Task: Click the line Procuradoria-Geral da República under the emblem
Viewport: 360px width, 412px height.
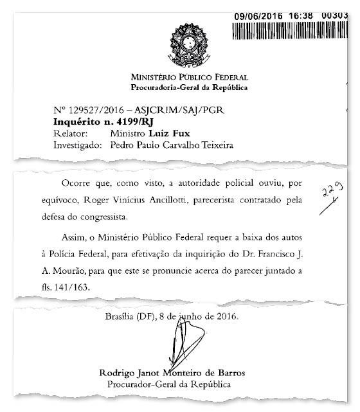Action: click(x=180, y=87)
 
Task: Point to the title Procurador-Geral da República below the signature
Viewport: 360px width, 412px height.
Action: click(x=169, y=384)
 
